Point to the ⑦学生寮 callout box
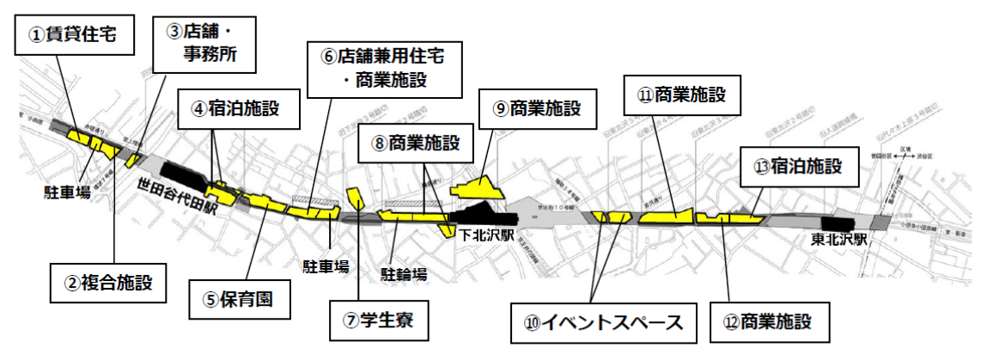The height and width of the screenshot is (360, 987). tap(378, 320)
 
